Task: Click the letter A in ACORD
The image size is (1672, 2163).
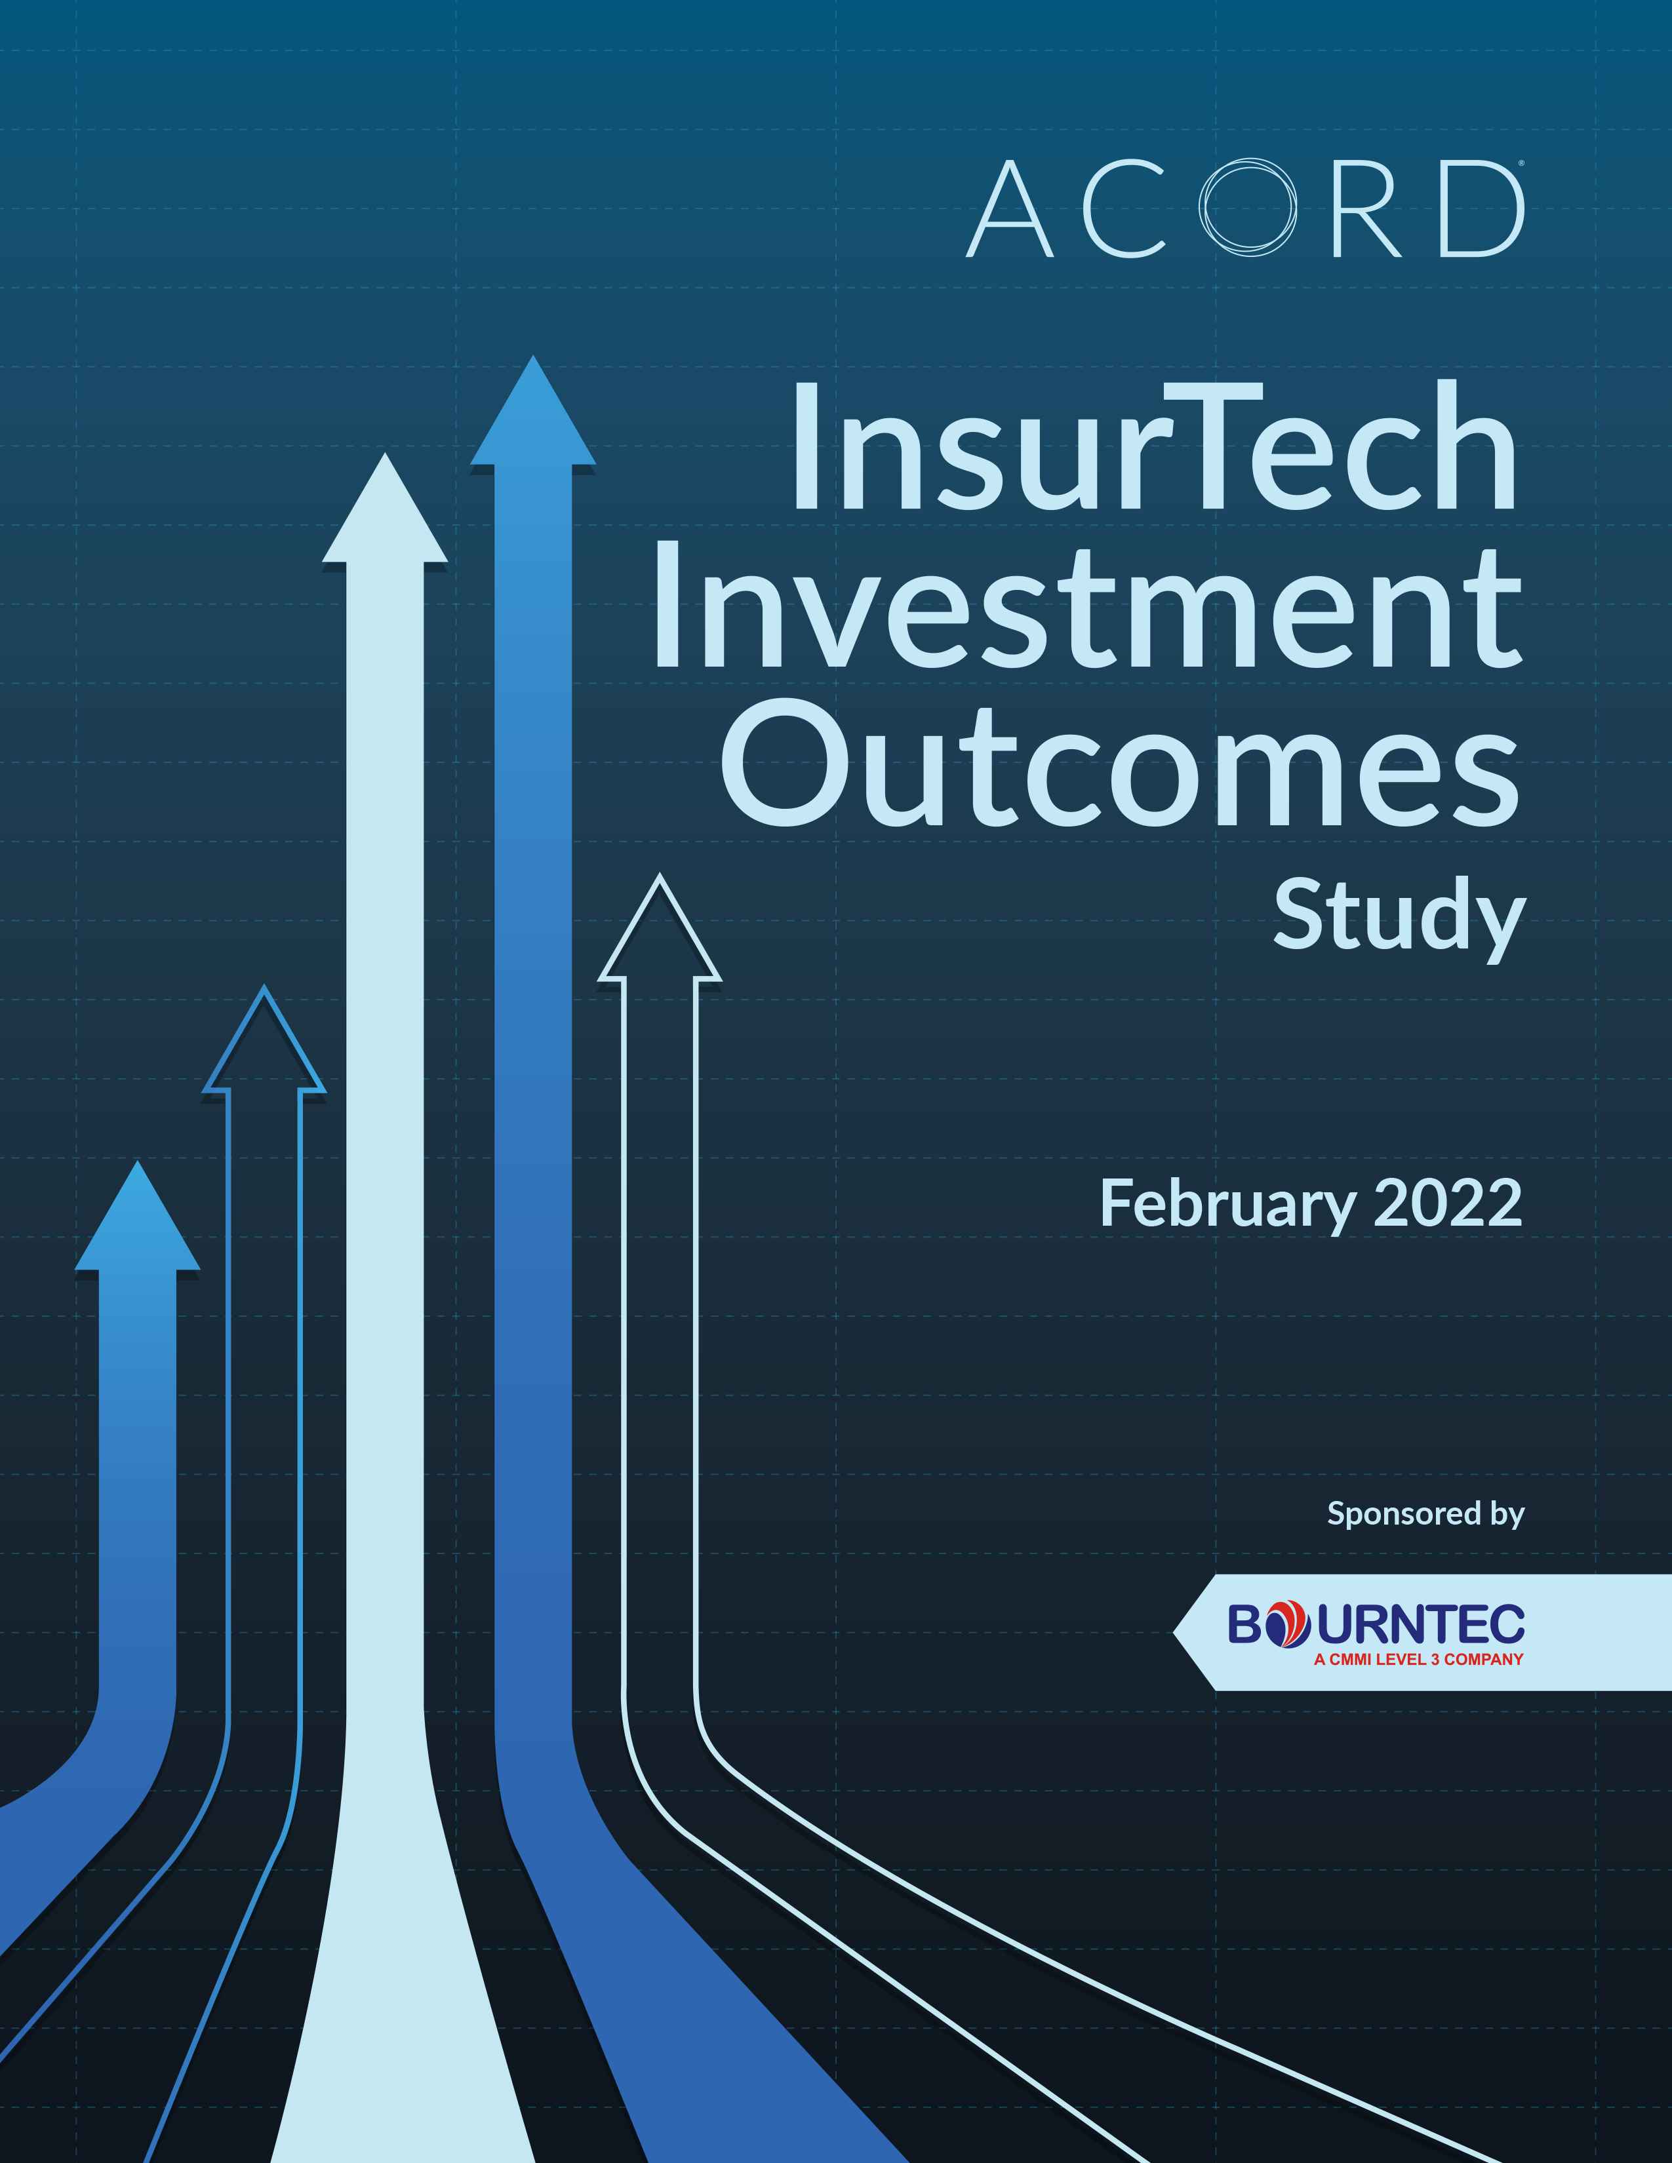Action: (1009, 209)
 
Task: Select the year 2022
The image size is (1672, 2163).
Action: (1448, 1203)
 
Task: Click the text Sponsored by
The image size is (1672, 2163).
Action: (1425, 1513)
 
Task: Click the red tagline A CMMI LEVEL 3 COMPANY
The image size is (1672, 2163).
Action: (1418, 1659)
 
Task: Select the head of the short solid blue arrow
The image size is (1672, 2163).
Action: (138, 1216)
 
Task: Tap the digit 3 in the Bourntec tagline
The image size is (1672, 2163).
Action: (1435, 1659)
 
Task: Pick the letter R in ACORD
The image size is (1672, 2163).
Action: (1367, 209)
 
